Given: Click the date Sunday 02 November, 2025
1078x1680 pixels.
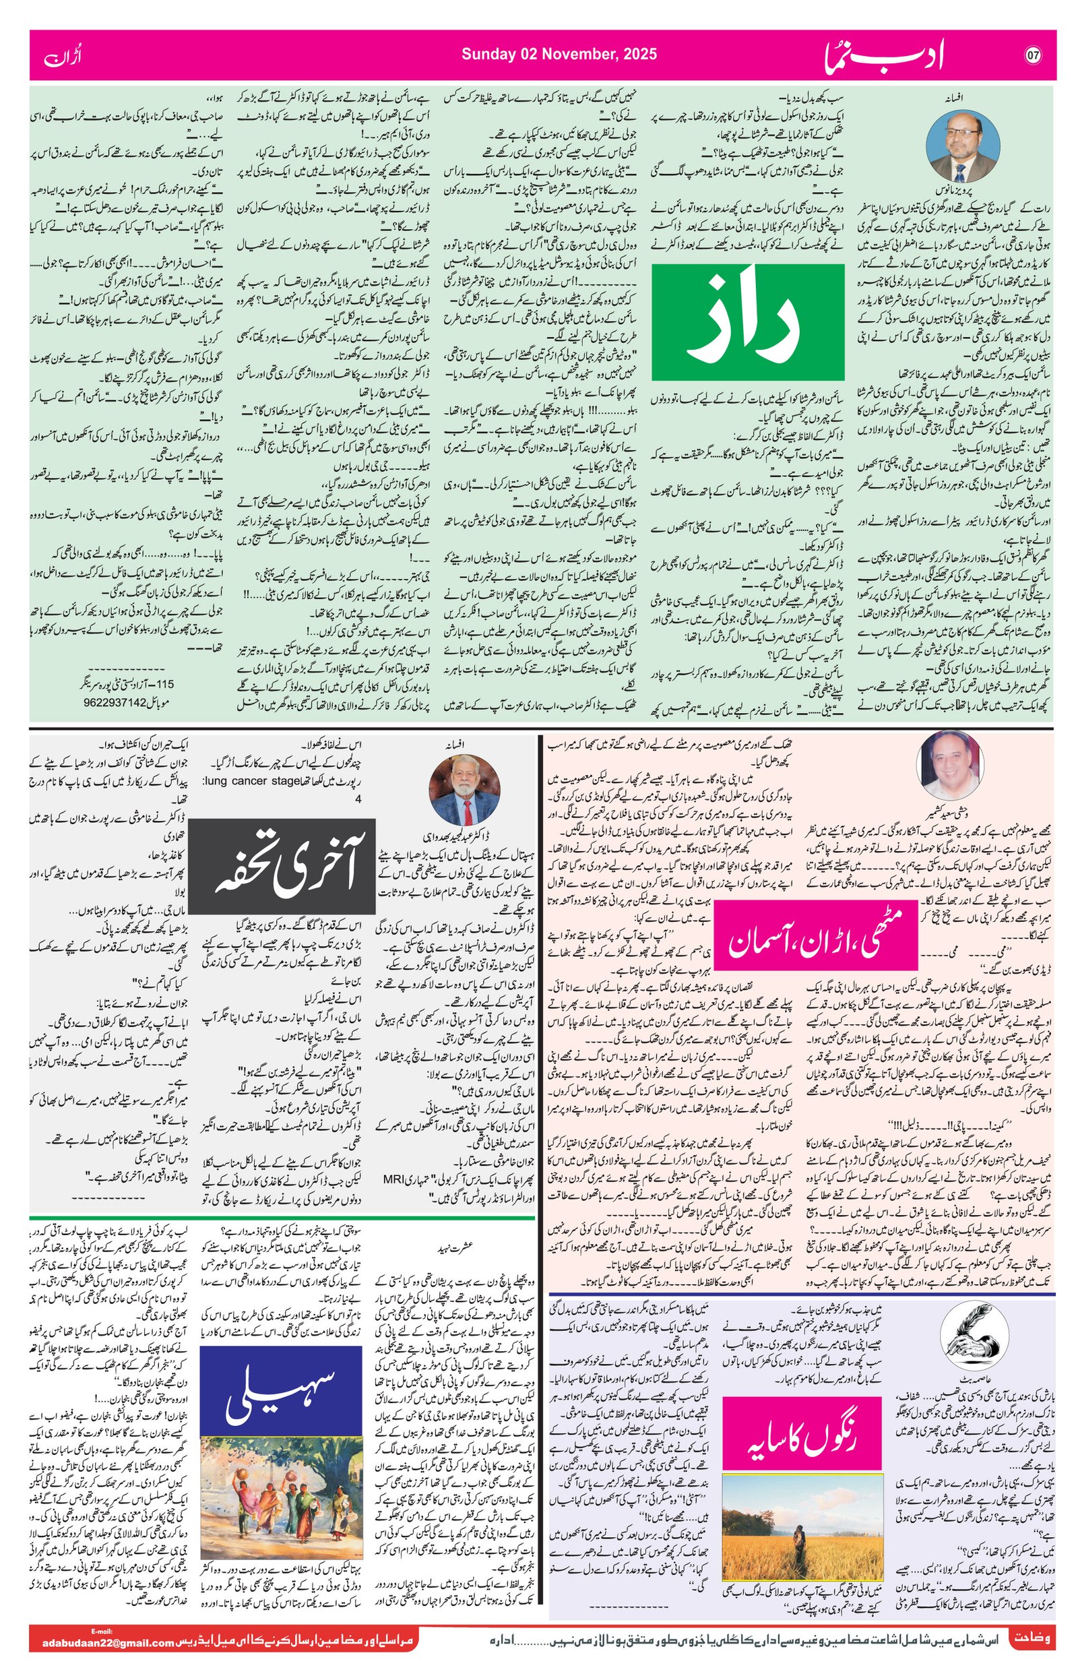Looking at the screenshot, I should [559, 55].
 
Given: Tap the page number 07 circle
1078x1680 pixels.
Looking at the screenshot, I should [1034, 55].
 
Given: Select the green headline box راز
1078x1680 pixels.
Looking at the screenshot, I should [747, 321].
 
